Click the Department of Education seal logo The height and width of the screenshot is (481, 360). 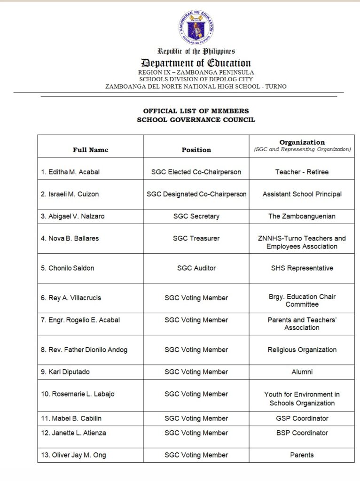[196, 27]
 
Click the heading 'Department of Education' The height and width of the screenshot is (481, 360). [196, 63]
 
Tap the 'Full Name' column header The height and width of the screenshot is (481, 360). [90, 150]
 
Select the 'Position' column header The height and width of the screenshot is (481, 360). [196, 150]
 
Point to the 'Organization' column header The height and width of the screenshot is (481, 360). [302, 142]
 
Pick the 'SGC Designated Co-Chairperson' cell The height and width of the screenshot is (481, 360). [196, 194]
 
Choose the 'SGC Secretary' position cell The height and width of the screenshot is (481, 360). [196, 217]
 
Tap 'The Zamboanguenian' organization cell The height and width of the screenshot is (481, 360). [302, 217]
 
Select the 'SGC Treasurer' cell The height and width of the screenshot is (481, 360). [196, 238]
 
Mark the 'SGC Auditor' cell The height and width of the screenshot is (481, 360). [196, 268]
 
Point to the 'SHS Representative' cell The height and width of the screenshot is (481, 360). [302, 268]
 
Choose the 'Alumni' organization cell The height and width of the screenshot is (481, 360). [302, 372]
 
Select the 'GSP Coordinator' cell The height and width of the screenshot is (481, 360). [302, 418]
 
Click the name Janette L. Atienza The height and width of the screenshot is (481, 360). [73, 433]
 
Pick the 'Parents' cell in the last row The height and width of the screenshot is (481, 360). [302, 455]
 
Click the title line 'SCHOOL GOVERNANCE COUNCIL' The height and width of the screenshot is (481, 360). [196, 120]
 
